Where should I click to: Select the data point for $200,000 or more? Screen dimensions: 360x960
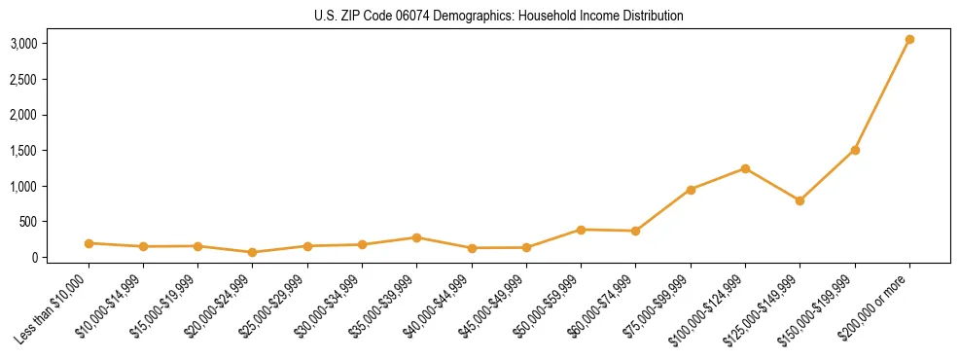click(909, 40)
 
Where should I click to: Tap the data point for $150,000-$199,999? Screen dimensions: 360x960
click(855, 150)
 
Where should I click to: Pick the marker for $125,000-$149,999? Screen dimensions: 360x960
click(800, 200)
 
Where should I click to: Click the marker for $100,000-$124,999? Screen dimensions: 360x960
click(745, 168)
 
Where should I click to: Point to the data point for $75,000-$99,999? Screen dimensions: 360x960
click(691, 190)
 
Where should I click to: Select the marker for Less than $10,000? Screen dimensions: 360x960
click(89, 243)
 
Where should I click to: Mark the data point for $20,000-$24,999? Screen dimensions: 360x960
click(253, 252)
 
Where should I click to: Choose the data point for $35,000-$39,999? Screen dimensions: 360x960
click(416, 237)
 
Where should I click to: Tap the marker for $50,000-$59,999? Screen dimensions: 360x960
click(581, 230)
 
